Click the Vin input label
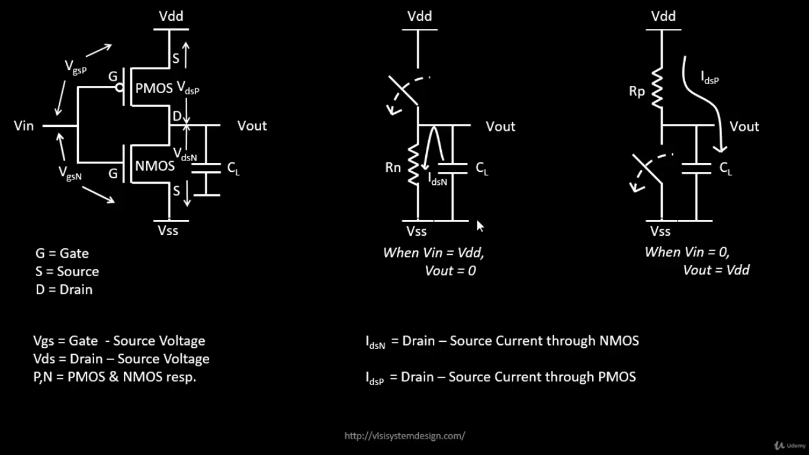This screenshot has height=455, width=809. pos(24,126)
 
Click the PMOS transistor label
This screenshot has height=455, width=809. pos(154,88)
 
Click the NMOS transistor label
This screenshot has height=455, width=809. pos(155,166)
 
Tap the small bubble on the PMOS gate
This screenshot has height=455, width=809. pos(120,88)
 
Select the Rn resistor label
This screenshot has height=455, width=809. pos(393,168)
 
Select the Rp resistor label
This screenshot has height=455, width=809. pos(637,92)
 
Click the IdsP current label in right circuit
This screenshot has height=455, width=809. pos(710,78)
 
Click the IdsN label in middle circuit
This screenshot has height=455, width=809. pos(438,179)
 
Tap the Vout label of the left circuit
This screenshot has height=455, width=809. pos(252,126)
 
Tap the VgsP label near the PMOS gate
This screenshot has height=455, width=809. pos(76,67)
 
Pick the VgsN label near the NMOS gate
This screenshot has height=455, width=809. pos(70,173)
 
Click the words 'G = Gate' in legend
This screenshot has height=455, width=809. pos(62,254)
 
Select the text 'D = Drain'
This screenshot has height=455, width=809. pos(64,290)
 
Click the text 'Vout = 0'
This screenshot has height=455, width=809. pos(450,271)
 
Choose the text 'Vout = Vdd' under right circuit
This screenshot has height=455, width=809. pos(716,270)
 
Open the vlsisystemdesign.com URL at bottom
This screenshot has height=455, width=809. pos(404,436)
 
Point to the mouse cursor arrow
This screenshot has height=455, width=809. pos(480,226)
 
